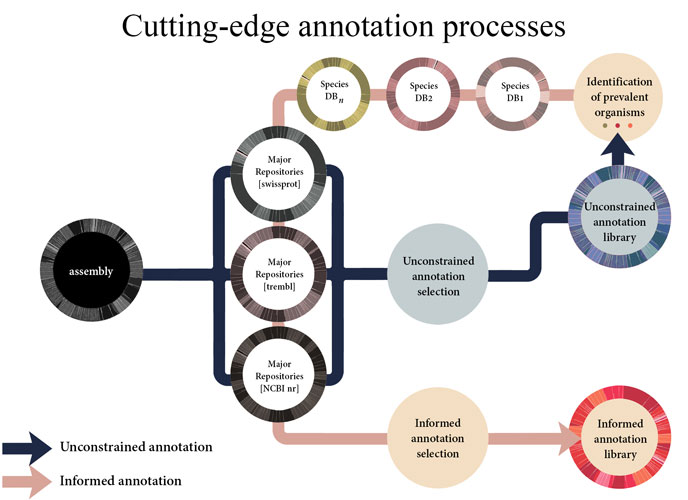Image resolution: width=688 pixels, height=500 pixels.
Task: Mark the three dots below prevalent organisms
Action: [x=617, y=125]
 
